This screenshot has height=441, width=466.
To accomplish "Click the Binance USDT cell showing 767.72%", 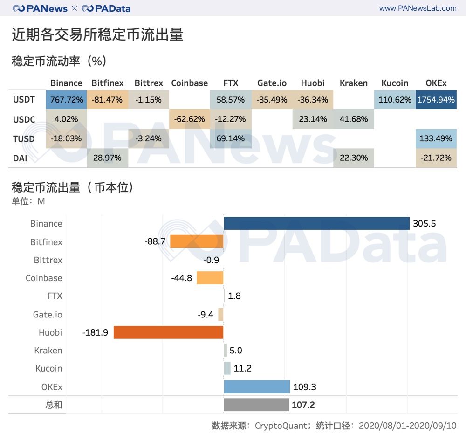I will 66,100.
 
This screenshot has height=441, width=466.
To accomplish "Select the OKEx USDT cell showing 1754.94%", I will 436,100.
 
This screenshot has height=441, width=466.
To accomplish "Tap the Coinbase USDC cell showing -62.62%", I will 189,119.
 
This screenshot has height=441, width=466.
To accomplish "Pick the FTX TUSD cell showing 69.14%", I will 231,138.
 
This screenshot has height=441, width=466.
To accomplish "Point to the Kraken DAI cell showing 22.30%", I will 354,158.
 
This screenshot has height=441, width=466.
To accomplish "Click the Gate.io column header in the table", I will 272,83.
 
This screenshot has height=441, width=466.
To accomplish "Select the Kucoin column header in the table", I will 395,83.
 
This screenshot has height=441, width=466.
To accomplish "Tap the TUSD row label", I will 24,138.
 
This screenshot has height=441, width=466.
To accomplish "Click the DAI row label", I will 20,158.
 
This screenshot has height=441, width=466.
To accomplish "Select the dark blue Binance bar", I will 316,223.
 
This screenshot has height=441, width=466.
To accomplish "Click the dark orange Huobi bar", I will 168,332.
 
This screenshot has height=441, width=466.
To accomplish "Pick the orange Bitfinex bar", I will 197,241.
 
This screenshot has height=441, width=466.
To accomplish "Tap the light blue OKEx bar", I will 257,387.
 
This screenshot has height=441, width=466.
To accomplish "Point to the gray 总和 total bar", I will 256,405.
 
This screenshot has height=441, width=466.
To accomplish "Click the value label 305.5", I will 424,224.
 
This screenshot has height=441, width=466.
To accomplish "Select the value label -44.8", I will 182,278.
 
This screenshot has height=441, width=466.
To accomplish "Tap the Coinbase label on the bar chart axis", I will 44,278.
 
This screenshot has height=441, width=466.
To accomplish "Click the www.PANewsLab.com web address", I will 418,8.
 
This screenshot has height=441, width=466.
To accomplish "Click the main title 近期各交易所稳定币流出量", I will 97,35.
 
